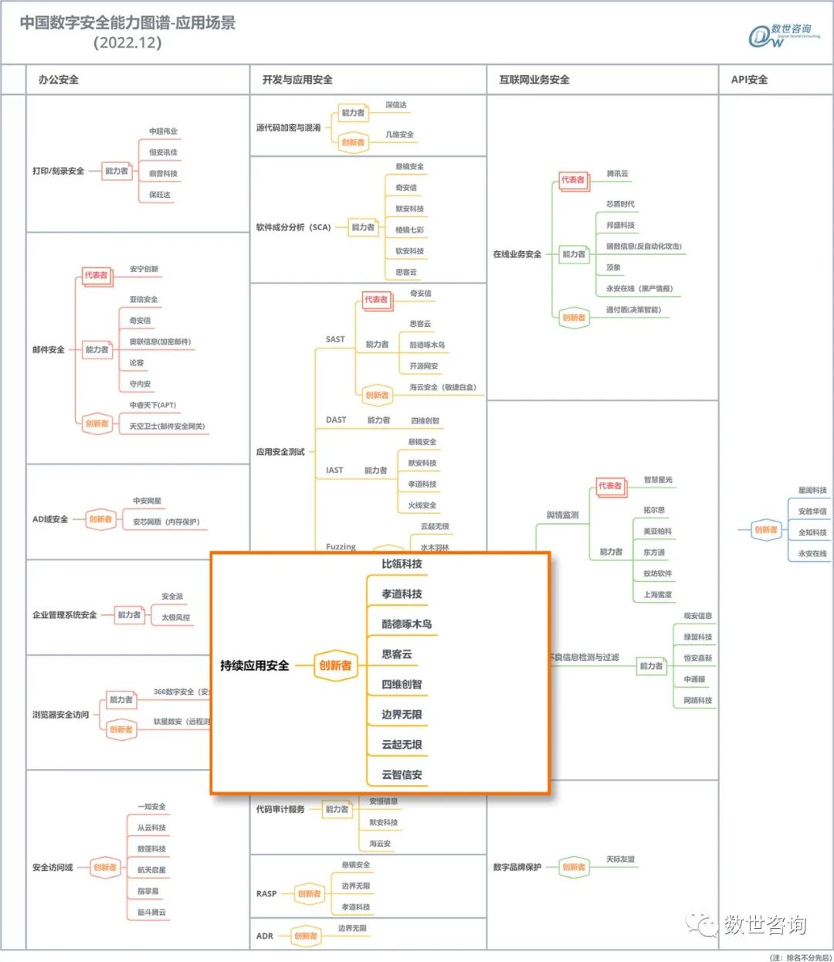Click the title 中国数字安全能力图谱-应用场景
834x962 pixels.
click(x=127, y=23)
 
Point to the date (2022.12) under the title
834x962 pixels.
click(x=127, y=43)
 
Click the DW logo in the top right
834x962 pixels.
click(x=783, y=36)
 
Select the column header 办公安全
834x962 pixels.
click(x=59, y=80)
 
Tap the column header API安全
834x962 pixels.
click(x=749, y=80)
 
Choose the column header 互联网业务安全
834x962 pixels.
click(x=534, y=80)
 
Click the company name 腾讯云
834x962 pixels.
click(x=617, y=174)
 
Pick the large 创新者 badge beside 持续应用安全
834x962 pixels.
click(x=335, y=665)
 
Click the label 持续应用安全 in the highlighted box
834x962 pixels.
click(x=254, y=665)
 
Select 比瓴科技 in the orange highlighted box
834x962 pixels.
click(x=402, y=564)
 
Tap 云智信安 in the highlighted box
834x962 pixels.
click(x=402, y=774)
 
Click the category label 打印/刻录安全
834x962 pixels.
click(x=58, y=171)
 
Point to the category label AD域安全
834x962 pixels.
click(x=50, y=519)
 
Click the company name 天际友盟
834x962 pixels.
click(x=620, y=859)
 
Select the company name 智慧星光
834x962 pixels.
click(x=658, y=480)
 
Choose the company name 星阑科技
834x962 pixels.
click(x=812, y=491)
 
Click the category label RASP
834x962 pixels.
click(x=266, y=893)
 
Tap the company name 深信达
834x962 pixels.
click(x=396, y=105)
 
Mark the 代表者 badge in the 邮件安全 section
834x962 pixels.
click(x=97, y=275)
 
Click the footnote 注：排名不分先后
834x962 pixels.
click(x=801, y=957)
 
